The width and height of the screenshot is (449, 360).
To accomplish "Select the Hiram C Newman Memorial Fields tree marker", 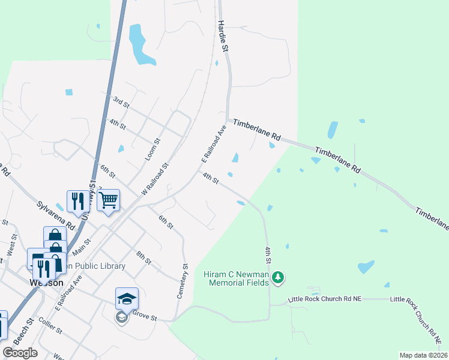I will pos(277,277).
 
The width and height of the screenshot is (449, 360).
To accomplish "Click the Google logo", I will pos(20,353).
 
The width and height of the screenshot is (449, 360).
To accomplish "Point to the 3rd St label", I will pos(121,101).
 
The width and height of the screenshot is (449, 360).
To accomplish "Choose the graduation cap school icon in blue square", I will pos(127,298).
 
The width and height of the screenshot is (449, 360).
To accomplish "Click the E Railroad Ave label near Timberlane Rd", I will pos(213,144).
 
